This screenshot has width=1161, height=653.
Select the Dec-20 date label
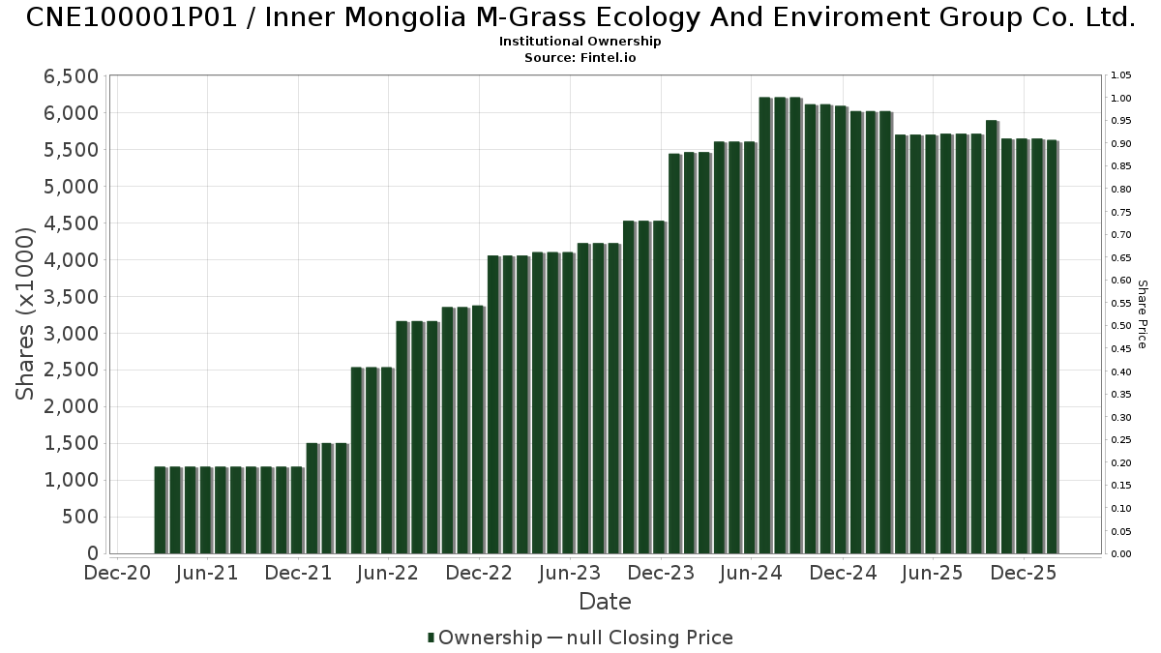(116, 574)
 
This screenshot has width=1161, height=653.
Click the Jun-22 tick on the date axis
(387, 574)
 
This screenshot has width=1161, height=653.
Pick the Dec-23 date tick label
(660, 574)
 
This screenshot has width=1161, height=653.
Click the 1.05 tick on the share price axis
(1121, 75)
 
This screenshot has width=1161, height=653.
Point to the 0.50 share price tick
(1121, 326)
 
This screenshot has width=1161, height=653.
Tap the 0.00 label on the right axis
(1121, 554)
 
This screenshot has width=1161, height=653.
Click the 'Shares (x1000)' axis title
(26, 313)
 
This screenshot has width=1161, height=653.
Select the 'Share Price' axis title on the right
(1142, 313)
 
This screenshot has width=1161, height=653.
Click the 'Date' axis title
(605, 602)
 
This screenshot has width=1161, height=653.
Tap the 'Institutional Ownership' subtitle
(580, 42)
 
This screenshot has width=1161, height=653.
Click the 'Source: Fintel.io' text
(580, 58)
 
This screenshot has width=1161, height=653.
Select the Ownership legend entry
(485, 638)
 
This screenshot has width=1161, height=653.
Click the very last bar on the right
(1052, 347)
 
